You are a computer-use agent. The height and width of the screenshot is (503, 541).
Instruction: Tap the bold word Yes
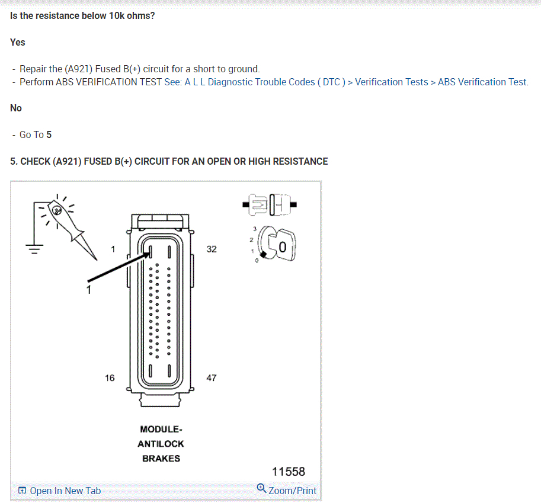[x=18, y=43]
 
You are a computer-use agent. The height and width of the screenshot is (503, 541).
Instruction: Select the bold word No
[x=16, y=108]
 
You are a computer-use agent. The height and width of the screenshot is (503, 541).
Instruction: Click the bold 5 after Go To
[x=49, y=135]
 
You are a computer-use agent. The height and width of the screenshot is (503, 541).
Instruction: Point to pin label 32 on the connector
[x=212, y=249]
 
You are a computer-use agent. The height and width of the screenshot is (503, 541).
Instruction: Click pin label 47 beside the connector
[x=212, y=378]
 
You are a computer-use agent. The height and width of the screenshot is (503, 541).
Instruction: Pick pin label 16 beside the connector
[x=110, y=378]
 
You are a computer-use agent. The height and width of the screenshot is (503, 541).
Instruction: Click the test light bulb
[x=56, y=210]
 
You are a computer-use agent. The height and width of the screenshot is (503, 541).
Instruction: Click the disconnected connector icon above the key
[x=270, y=205]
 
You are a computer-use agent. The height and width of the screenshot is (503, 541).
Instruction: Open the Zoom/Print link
[x=287, y=490]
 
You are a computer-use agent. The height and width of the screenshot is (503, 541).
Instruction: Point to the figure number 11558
[x=289, y=472]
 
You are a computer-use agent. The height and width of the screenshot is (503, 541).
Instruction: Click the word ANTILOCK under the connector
[x=161, y=444]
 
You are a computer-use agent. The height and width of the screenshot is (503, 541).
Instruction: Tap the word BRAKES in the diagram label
[x=161, y=459]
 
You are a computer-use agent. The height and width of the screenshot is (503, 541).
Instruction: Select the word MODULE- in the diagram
[x=161, y=429]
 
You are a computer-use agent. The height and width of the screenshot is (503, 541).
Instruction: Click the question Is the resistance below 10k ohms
[x=82, y=15]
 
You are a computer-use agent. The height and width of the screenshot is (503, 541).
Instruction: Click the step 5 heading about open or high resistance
[x=169, y=161]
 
